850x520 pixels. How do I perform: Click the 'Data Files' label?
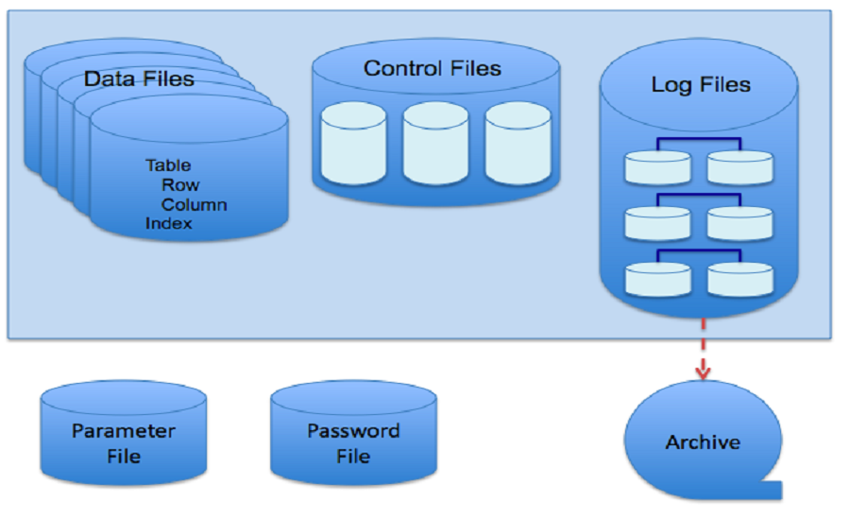click(x=139, y=78)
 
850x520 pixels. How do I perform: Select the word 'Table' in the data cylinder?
click(x=168, y=165)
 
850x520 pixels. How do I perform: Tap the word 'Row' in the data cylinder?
click(x=180, y=185)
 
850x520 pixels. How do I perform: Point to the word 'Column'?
click(x=194, y=204)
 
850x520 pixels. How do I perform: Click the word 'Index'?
click(x=169, y=223)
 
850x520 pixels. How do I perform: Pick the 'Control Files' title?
click(x=433, y=68)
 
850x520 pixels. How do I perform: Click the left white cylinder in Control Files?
click(x=353, y=143)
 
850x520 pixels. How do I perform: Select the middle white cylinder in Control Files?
click(x=435, y=143)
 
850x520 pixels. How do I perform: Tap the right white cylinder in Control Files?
click(x=518, y=143)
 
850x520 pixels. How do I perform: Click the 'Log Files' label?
click(x=701, y=85)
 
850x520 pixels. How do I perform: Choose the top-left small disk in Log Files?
click(x=657, y=167)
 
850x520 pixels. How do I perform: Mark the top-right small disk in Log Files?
click(x=740, y=167)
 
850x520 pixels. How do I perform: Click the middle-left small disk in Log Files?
click(x=657, y=223)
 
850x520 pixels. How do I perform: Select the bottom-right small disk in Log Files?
click(x=740, y=279)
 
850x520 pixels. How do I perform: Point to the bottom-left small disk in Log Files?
click(x=657, y=279)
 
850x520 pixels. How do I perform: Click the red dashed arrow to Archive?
click(x=702, y=350)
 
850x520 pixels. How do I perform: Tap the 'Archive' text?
click(x=703, y=442)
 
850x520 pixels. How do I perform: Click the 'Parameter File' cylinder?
click(x=124, y=443)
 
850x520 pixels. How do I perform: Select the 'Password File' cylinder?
click(x=353, y=443)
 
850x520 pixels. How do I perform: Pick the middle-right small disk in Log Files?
click(x=740, y=223)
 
